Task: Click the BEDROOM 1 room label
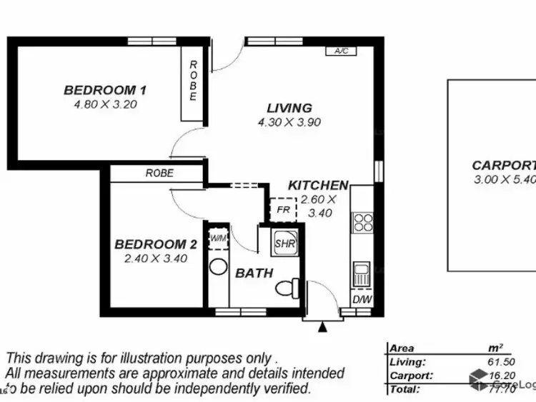tap(105, 90)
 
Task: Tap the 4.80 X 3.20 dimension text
tap(105, 104)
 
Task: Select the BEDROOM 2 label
tap(155, 244)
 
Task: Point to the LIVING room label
tap(289, 108)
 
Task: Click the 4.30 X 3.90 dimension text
tap(289, 121)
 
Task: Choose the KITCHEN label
tap(318, 186)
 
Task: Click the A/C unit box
tap(340, 51)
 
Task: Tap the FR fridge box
tap(283, 211)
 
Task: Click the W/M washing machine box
tap(217, 237)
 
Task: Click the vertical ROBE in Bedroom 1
tap(193, 81)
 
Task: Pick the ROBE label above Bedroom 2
tap(159, 173)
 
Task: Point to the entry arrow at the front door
tap(323, 326)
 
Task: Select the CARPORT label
tap(505, 165)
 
